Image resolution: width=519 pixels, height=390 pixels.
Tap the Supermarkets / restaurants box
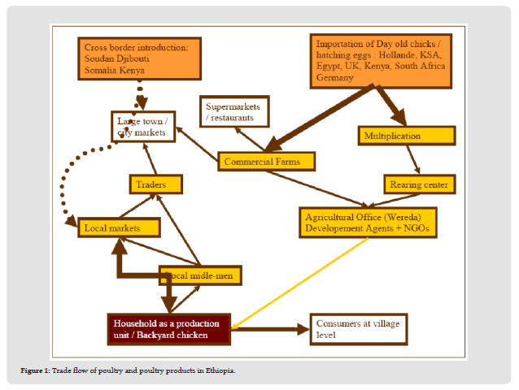235,112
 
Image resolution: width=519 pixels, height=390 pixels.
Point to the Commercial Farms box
265,162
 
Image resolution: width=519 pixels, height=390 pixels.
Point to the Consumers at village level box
356,328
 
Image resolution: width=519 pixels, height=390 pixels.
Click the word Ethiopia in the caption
221,371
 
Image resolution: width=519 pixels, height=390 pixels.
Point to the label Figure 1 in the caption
36,371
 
